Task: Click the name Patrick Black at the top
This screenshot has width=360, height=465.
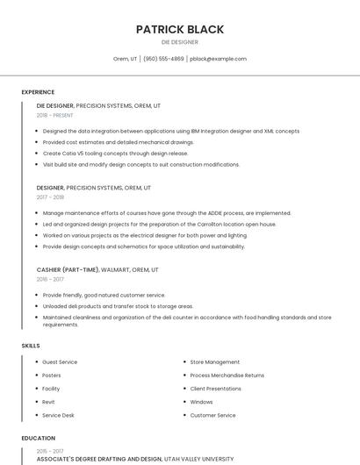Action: (x=179, y=29)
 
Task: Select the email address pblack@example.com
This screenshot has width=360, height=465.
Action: (x=218, y=59)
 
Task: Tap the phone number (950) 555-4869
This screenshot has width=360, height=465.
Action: (x=163, y=59)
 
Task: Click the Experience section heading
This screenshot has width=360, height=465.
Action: (x=38, y=92)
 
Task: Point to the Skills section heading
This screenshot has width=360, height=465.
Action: (x=31, y=346)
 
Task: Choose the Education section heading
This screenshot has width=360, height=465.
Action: (x=38, y=438)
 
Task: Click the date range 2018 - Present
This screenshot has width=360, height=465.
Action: (x=54, y=115)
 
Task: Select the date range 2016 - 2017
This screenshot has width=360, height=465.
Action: (x=50, y=279)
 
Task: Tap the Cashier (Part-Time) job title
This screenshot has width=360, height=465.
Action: (x=68, y=269)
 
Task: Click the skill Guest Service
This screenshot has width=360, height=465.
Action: (x=60, y=361)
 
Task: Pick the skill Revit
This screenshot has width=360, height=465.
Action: (x=48, y=402)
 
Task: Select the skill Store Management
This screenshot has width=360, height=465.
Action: (x=214, y=361)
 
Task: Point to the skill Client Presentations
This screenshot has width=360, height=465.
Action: (x=215, y=389)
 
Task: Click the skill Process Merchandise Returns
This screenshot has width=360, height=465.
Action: (x=227, y=375)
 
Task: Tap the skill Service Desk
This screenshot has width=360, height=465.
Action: (x=58, y=415)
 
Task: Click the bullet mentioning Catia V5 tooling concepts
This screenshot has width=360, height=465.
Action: (x=115, y=153)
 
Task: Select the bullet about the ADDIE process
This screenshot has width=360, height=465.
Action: (x=167, y=212)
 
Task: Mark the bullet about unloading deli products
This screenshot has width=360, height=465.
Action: (x=118, y=306)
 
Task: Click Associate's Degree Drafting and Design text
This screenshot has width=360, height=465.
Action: (x=99, y=458)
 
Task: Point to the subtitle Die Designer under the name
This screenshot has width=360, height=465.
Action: (x=179, y=42)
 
